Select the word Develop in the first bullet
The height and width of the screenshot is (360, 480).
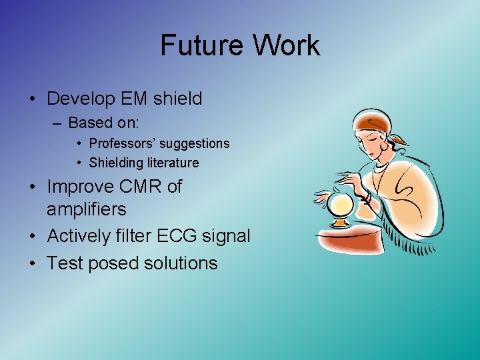(77, 99)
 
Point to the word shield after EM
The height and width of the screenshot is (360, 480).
(177, 99)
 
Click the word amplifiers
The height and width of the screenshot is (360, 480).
(86, 209)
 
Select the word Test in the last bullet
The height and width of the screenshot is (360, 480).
(64, 263)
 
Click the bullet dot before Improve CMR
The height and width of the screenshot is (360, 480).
(33, 187)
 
